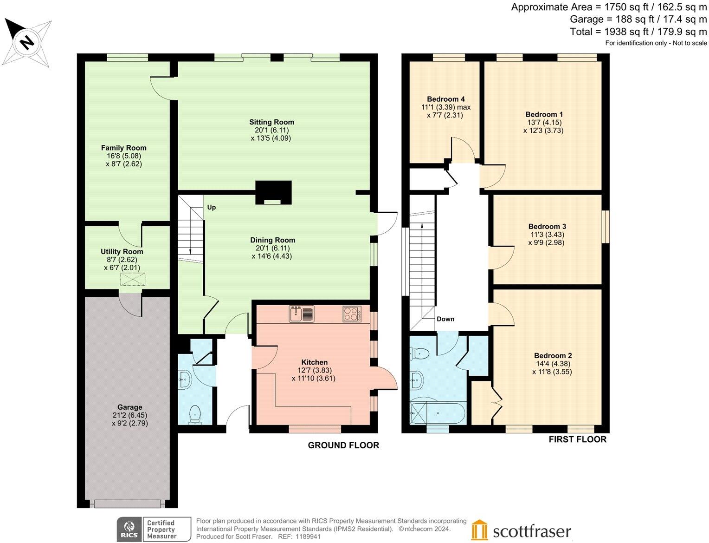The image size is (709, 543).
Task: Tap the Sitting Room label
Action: point(271,122)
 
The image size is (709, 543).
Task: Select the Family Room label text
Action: point(123,148)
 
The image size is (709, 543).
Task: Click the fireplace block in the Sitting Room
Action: point(273,192)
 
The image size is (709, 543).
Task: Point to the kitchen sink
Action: point(301,314)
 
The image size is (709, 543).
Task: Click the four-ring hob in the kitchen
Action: point(352,314)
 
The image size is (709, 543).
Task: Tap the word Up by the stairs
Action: point(211,207)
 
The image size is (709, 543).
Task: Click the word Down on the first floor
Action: point(445,319)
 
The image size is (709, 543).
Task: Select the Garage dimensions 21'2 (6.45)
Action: point(129,415)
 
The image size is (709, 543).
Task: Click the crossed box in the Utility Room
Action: point(133,279)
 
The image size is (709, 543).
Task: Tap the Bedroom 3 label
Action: point(547,227)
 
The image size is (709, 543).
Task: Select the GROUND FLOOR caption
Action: point(343,445)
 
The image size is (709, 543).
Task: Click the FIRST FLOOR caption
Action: point(577,439)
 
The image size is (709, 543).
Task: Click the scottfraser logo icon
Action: point(479,530)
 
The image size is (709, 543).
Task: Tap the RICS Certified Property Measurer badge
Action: point(154,530)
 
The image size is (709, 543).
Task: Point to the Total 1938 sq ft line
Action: point(638,32)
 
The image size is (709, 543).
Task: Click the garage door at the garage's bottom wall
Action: point(127,504)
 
